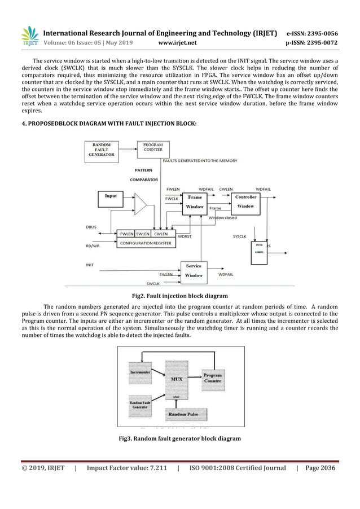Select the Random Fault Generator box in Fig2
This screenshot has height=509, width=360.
[x=103, y=150]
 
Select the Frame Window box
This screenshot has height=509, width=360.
[x=195, y=202]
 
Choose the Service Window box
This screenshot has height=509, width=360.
[x=194, y=270]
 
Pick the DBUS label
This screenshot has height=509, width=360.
[x=90, y=227]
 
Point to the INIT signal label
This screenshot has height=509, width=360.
[x=90, y=264]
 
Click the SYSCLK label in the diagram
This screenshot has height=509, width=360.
[x=239, y=236]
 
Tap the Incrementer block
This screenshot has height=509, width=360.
[x=139, y=374]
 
